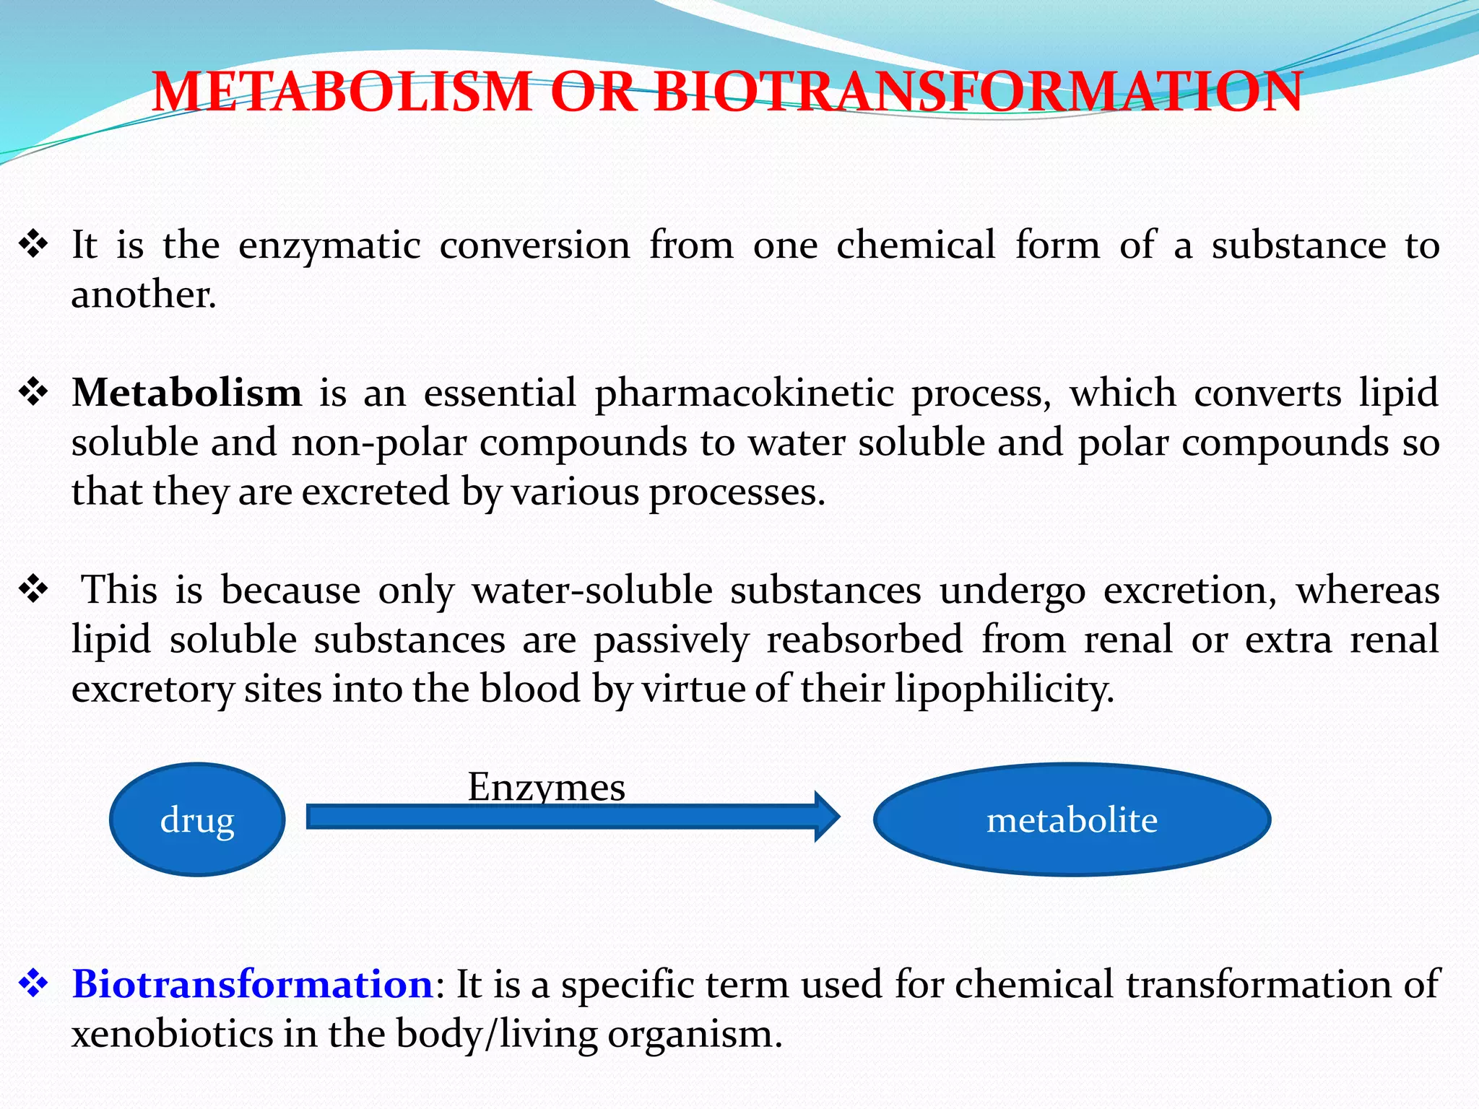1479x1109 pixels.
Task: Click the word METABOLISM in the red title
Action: coord(342,92)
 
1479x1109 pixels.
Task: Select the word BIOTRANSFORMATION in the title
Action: coord(978,92)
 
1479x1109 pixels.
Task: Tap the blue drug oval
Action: coord(197,819)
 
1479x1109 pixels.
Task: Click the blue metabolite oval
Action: coord(1072,819)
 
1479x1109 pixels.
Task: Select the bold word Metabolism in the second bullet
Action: coord(187,393)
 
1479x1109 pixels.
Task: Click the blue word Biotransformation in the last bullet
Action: coord(252,983)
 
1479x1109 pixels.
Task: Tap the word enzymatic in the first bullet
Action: coord(329,245)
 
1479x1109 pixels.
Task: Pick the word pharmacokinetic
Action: coord(745,394)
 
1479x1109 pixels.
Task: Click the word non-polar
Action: coord(379,443)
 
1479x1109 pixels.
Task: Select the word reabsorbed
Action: coord(864,640)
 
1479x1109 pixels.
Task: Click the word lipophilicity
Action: coord(1005,689)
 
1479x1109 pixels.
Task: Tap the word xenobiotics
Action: coord(172,1033)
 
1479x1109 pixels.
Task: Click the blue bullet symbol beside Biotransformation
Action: coord(33,983)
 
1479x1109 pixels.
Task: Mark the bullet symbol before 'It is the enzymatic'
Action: coord(33,245)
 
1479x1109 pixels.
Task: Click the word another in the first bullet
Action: coord(143,295)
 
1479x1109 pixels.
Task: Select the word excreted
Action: coord(376,492)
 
